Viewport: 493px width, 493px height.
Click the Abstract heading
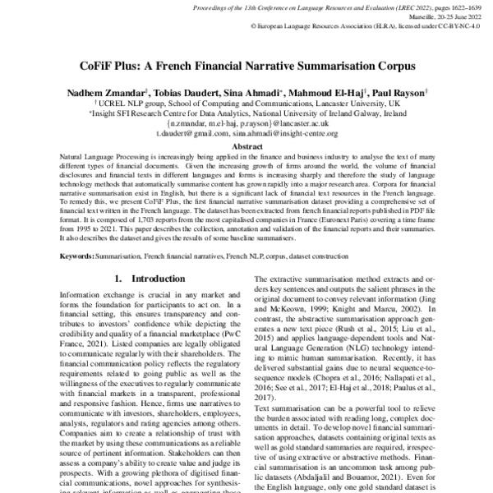(x=246, y=145)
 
